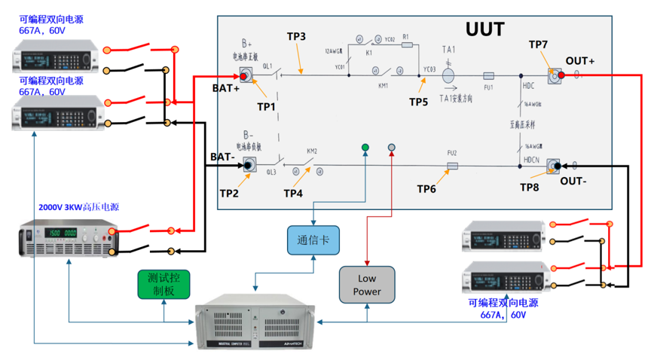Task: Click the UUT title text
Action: coord(484,30)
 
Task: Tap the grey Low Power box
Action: coord(366,285)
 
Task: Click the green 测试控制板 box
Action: coord(164,285)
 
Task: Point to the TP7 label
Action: coord(538,45)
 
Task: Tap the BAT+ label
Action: coord(225,88)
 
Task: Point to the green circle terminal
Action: coord(365,148)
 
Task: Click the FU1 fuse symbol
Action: coord(487,76)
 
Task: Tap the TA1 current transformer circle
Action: coord(448,76)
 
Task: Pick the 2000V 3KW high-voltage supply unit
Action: coord(69,237)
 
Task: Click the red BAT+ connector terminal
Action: coord(245,75)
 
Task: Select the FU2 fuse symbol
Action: coord(452,166)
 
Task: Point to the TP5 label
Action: coord(418,101)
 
